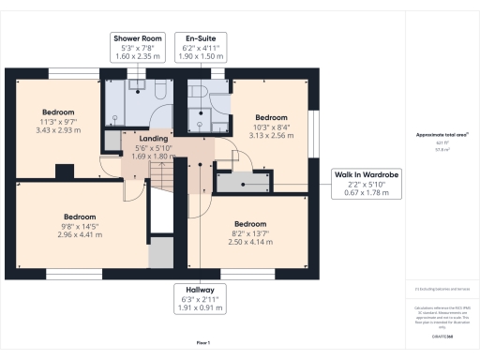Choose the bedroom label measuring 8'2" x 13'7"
251,232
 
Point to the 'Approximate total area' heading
442,135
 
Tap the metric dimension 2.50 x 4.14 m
251,242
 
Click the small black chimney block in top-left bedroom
64,171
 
